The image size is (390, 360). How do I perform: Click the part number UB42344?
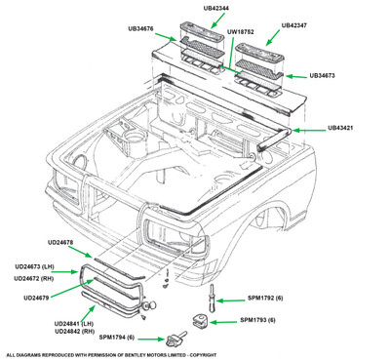215,8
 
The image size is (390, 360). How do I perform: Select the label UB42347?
293,25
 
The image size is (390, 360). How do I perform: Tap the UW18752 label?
240,32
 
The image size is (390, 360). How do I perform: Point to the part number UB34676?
140,28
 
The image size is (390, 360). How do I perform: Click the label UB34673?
322,75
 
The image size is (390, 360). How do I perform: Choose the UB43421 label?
340,128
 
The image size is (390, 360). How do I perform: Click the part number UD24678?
60,242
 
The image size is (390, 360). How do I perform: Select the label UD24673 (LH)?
34,266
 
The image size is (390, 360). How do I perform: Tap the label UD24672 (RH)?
34,278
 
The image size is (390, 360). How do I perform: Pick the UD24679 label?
36,298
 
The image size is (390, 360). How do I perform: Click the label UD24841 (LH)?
74,324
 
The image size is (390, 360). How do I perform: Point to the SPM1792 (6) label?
265,298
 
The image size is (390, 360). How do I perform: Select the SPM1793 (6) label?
257,320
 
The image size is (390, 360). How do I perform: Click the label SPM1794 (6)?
117,338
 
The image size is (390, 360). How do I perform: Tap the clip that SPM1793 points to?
200,320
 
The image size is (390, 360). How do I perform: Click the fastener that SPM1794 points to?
176,339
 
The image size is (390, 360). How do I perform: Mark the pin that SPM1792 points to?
212,298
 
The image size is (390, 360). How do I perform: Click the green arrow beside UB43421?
308,130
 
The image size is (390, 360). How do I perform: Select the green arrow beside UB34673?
296,76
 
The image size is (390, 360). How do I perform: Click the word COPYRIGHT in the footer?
203,355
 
